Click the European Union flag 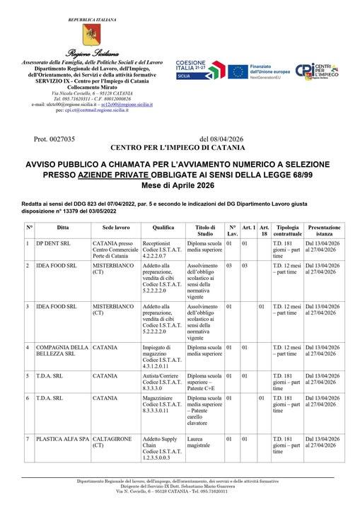[238, 71]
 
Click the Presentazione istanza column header [324, 230]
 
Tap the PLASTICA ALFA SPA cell [62, 440]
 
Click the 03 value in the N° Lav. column [229, 265]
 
